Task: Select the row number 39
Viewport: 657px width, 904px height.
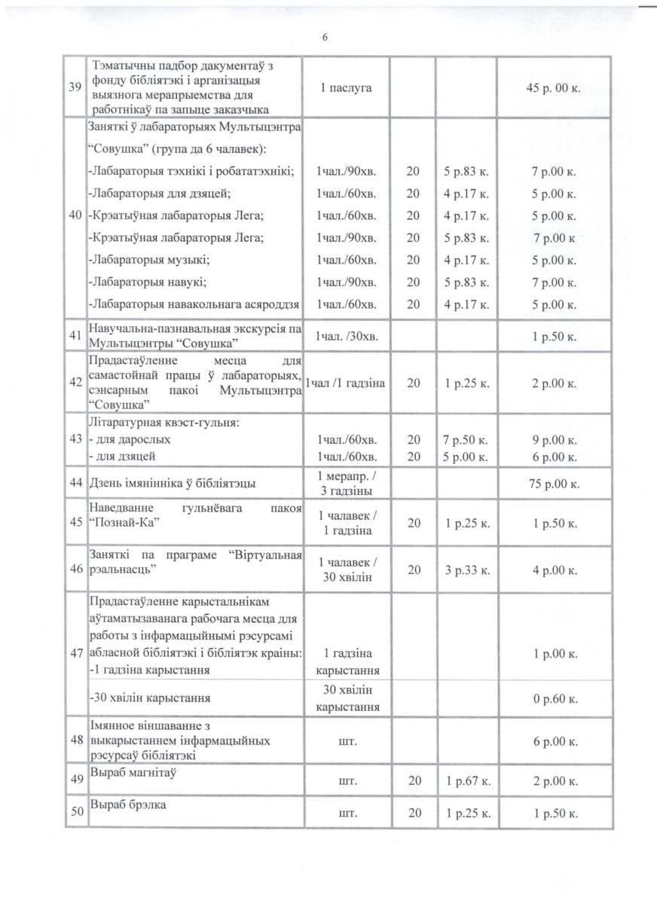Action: [75, 87]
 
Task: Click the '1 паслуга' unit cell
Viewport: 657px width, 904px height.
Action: [344, 87]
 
